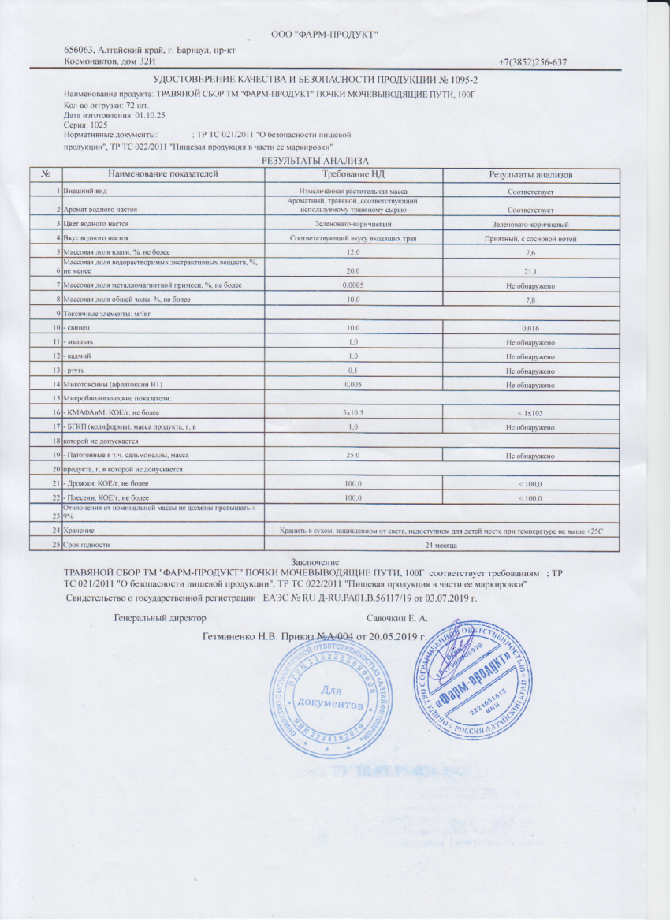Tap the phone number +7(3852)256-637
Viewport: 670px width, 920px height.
(x=534, y=62)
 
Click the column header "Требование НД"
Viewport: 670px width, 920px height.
(x=352, y=173)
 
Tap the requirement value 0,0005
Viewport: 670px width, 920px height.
(x=352, y=285)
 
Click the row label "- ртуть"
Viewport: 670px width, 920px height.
(x=79, y=371)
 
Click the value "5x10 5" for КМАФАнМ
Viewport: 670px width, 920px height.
(x=352, y=412)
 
